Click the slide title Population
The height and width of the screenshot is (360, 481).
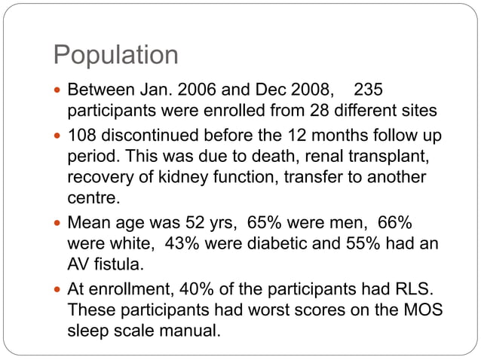(115, 55)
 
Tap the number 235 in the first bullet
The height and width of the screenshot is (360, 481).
(368, 91)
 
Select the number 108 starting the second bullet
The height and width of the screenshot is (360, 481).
(83, 137)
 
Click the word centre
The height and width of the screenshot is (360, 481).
(93, 198)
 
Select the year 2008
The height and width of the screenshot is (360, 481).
(311, 91)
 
